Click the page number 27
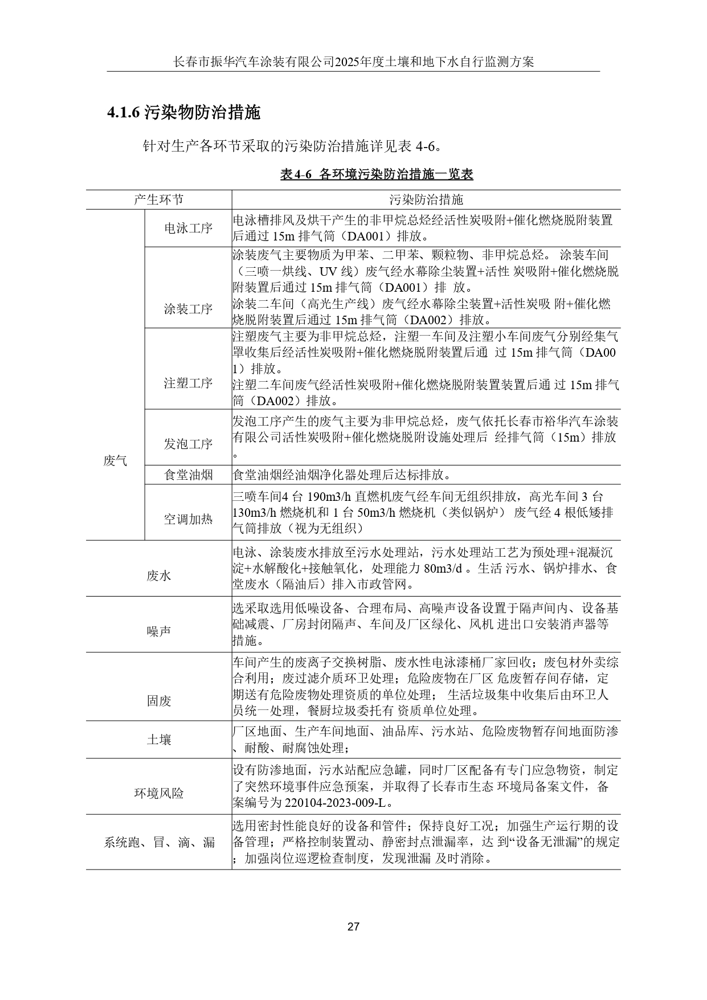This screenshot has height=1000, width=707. pyautogui.click(x=353, y=927)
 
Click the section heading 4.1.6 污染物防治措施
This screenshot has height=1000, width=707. pyautogui.click(x=183, y=113)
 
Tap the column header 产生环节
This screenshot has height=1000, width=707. pyautogui.click(x=158, y=199)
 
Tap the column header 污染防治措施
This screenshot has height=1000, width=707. pyautogui.click(x=426, y=199)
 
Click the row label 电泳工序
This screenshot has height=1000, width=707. pyautogui.click(x=188, y=228)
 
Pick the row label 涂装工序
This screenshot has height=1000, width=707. pyautogui.click(x=188, y=309)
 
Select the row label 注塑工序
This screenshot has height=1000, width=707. pyautogui.click(x=188, y=383)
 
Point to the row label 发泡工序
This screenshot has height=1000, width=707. pyautogui.click(x=188, y=444)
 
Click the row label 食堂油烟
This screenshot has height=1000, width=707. pyautogui.click(x=188, y=475)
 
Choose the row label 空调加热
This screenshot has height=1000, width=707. pyautogui.click(x=188, y=519)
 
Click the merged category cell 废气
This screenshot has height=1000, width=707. pyautogui.click(x=115, y=461)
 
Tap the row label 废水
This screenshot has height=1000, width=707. pyautogui.click(x=158, y=576)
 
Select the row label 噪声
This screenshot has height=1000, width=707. pyautogui.click(x=158, y=631)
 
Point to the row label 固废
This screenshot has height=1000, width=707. pyautogui.click(x=158, y=701)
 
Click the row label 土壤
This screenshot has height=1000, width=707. pyautogui.click(x=158, y=740)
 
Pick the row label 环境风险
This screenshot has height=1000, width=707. pyautogui.click(x=158, y=793)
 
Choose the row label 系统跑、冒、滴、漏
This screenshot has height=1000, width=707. pyautogui.click(x=158, y=842)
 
